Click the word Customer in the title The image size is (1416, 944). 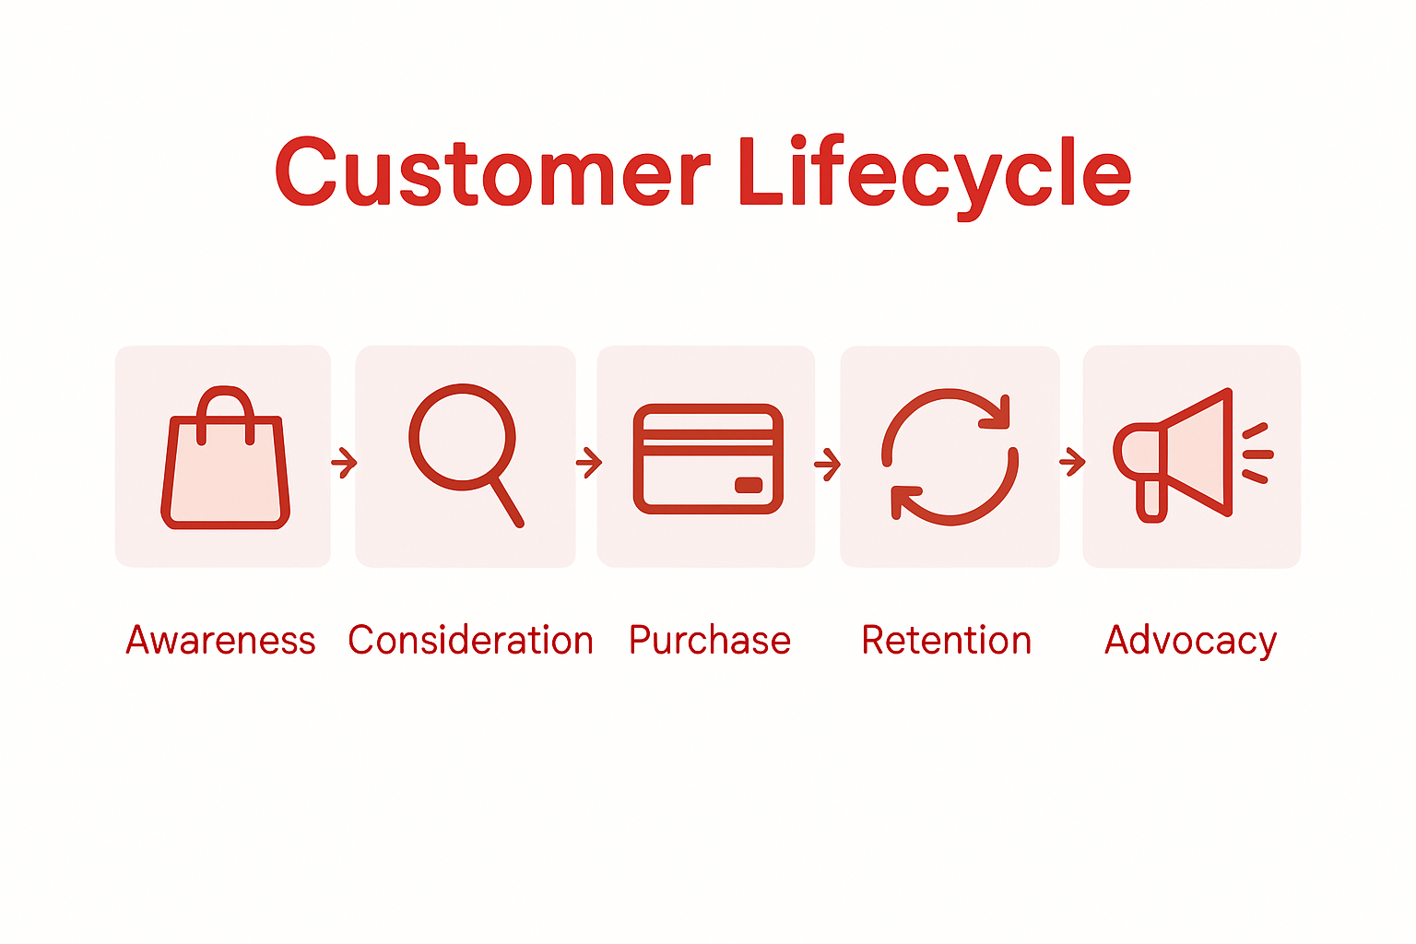pyautogui.click(x=492, y=172)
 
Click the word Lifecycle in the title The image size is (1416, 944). pyautogui.click(x=934, y=172)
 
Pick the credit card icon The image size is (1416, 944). pyautogui.click(x=708, y=458)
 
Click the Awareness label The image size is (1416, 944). pyautogui.click(x=220, y=640)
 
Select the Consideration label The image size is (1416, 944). pyautogui.click(x=470, y=640)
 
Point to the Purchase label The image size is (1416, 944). pyautogui.click(x=710, y=640)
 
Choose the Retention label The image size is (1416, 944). pyautogui.click(x=947, y=640)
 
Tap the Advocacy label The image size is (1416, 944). pyautogui.click(x=1190, y=640)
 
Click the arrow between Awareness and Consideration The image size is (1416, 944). pyautogui.click(x=344, y=461)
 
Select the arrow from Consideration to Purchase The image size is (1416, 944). pyautogui.click(x=588, y=461)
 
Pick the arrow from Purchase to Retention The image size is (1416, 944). pyautogui.click(x=827, y=463)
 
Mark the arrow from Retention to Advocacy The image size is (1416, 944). pyautogui.click(x=1072, y=461)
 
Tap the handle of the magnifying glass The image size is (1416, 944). pyautogui.click(x=506, y=502)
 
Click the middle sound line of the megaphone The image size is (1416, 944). pyautogui.click(x=1258, y=454)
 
